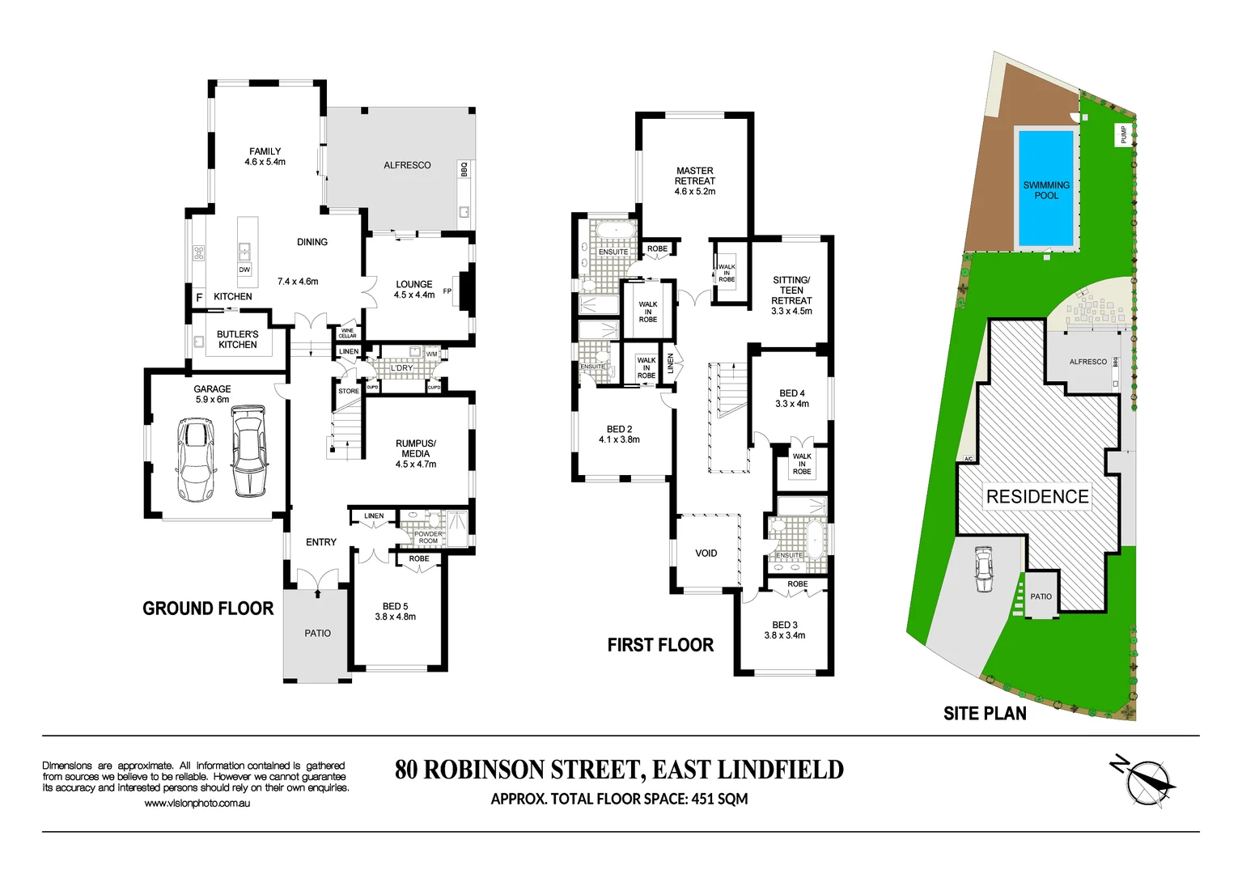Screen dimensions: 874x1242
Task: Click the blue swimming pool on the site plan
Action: tap(1045, 188)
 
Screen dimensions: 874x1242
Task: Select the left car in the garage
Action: tap(196, 459)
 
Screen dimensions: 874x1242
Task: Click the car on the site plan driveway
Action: tap(983, 569)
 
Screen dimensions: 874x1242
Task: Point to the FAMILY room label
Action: tap(265, 151)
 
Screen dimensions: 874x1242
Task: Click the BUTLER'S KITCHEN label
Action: tap(237, 339)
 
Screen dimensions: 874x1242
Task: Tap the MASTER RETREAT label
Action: tap(694, 176)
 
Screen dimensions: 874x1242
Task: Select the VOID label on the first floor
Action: tap(706, 554)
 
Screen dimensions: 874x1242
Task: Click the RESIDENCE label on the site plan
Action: tap(1036, 497)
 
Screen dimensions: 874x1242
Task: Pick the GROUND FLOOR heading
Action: tap(208, 609)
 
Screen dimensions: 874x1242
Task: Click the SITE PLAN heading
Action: tap(984, 713)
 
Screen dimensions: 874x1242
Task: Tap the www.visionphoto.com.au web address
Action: tap(197, 804)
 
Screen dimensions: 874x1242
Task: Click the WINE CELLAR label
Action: tap(347, 333)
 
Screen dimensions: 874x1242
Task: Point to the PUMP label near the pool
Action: tap(1123, 134)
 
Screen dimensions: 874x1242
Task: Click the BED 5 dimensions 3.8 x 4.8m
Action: tap(395, 617)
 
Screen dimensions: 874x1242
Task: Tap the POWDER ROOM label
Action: tap(428, 537)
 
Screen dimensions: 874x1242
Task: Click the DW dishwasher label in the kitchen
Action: tap(244, 269)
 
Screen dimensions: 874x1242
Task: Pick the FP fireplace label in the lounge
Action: tap(447, 291)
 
